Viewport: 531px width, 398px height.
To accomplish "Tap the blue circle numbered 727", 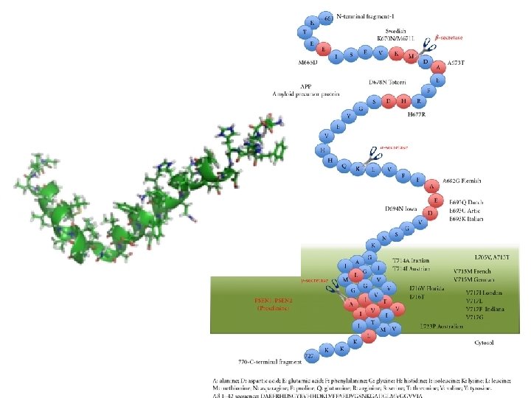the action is [310, 357].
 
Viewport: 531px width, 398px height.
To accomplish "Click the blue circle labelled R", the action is [418, 101].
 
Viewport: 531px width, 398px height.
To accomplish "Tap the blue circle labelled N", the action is [384, 238].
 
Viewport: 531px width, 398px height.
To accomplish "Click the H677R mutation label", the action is [420, 115].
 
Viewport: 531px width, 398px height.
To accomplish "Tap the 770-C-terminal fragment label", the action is [270, 362].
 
